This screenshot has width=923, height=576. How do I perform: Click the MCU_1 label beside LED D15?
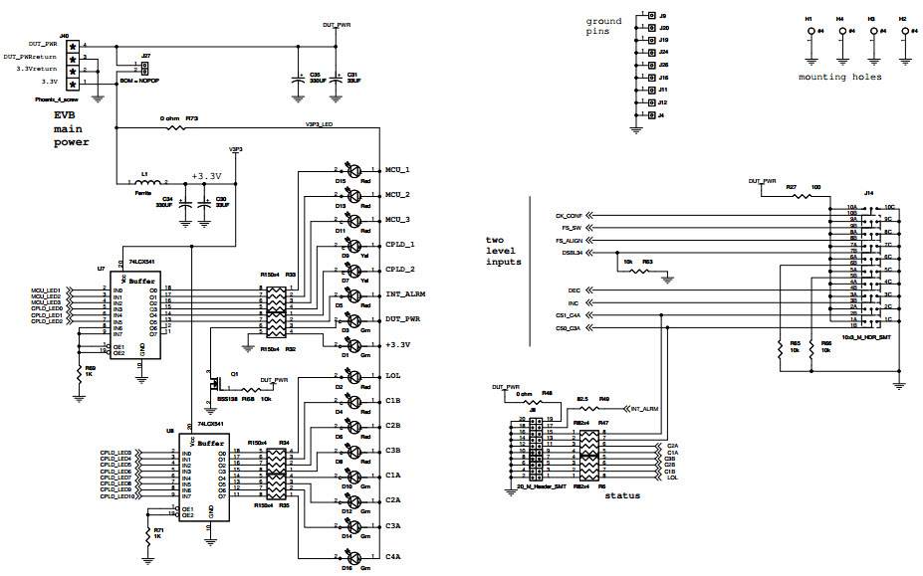click(x=398, y=170)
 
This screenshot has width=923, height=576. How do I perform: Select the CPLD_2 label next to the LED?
click(x=400, y=270)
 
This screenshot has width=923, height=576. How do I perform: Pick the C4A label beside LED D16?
click(x=392, y=557)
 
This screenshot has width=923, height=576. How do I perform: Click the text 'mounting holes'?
click(x=839, y=77)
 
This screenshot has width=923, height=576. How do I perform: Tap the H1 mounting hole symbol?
click(x=808, y=33)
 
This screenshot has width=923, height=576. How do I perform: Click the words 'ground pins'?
click(x=603, y=26)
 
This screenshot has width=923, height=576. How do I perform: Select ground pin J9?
click(x=651, y=17)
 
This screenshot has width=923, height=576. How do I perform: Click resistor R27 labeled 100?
click(x=792, y=195)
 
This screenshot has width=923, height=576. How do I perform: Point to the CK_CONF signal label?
click(x=569, y=216)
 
